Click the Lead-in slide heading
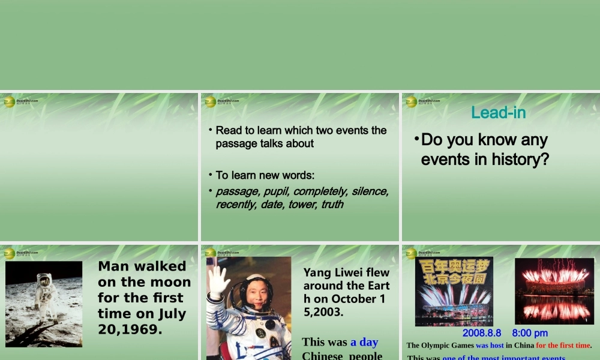(x=499, y=112)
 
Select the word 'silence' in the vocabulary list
(x=370, y=191)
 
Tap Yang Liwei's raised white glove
(x=219, y=281)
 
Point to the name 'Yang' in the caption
(x=316, y=273)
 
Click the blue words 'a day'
(x=364, y=342)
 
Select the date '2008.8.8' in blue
(x=481, y=333)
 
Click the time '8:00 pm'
(x=530, y=333)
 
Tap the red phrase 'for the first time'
(x=563, y=346)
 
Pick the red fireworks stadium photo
(x=554, y=291)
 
